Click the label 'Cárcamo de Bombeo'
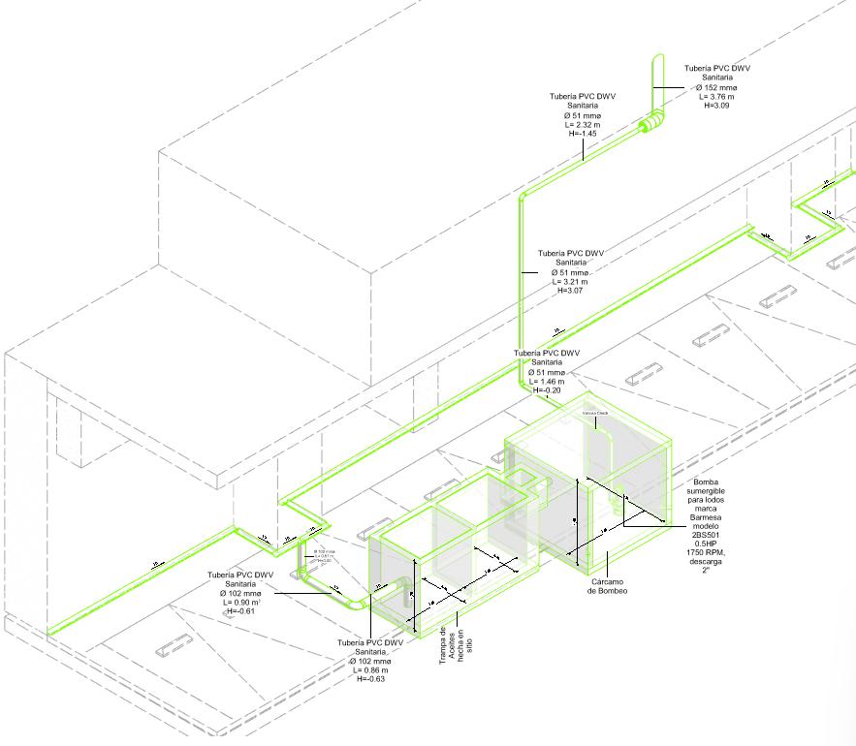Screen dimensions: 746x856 click(608, 586)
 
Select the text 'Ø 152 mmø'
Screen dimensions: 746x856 click(717, 87)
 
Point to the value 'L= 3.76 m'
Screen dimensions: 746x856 click(717, 96)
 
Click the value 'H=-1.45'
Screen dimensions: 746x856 click(583, 133)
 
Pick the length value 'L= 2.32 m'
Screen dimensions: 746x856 click(583, 124)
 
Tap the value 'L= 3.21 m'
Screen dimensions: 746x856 click(571, 281)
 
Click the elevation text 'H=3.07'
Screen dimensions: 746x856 click(571, 290)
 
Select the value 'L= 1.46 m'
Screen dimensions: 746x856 click(547, 381)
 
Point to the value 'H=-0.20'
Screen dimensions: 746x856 click(547, 389)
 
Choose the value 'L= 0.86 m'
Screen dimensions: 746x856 click(370, 669)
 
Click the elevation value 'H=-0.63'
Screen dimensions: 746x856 click(370, 678)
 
